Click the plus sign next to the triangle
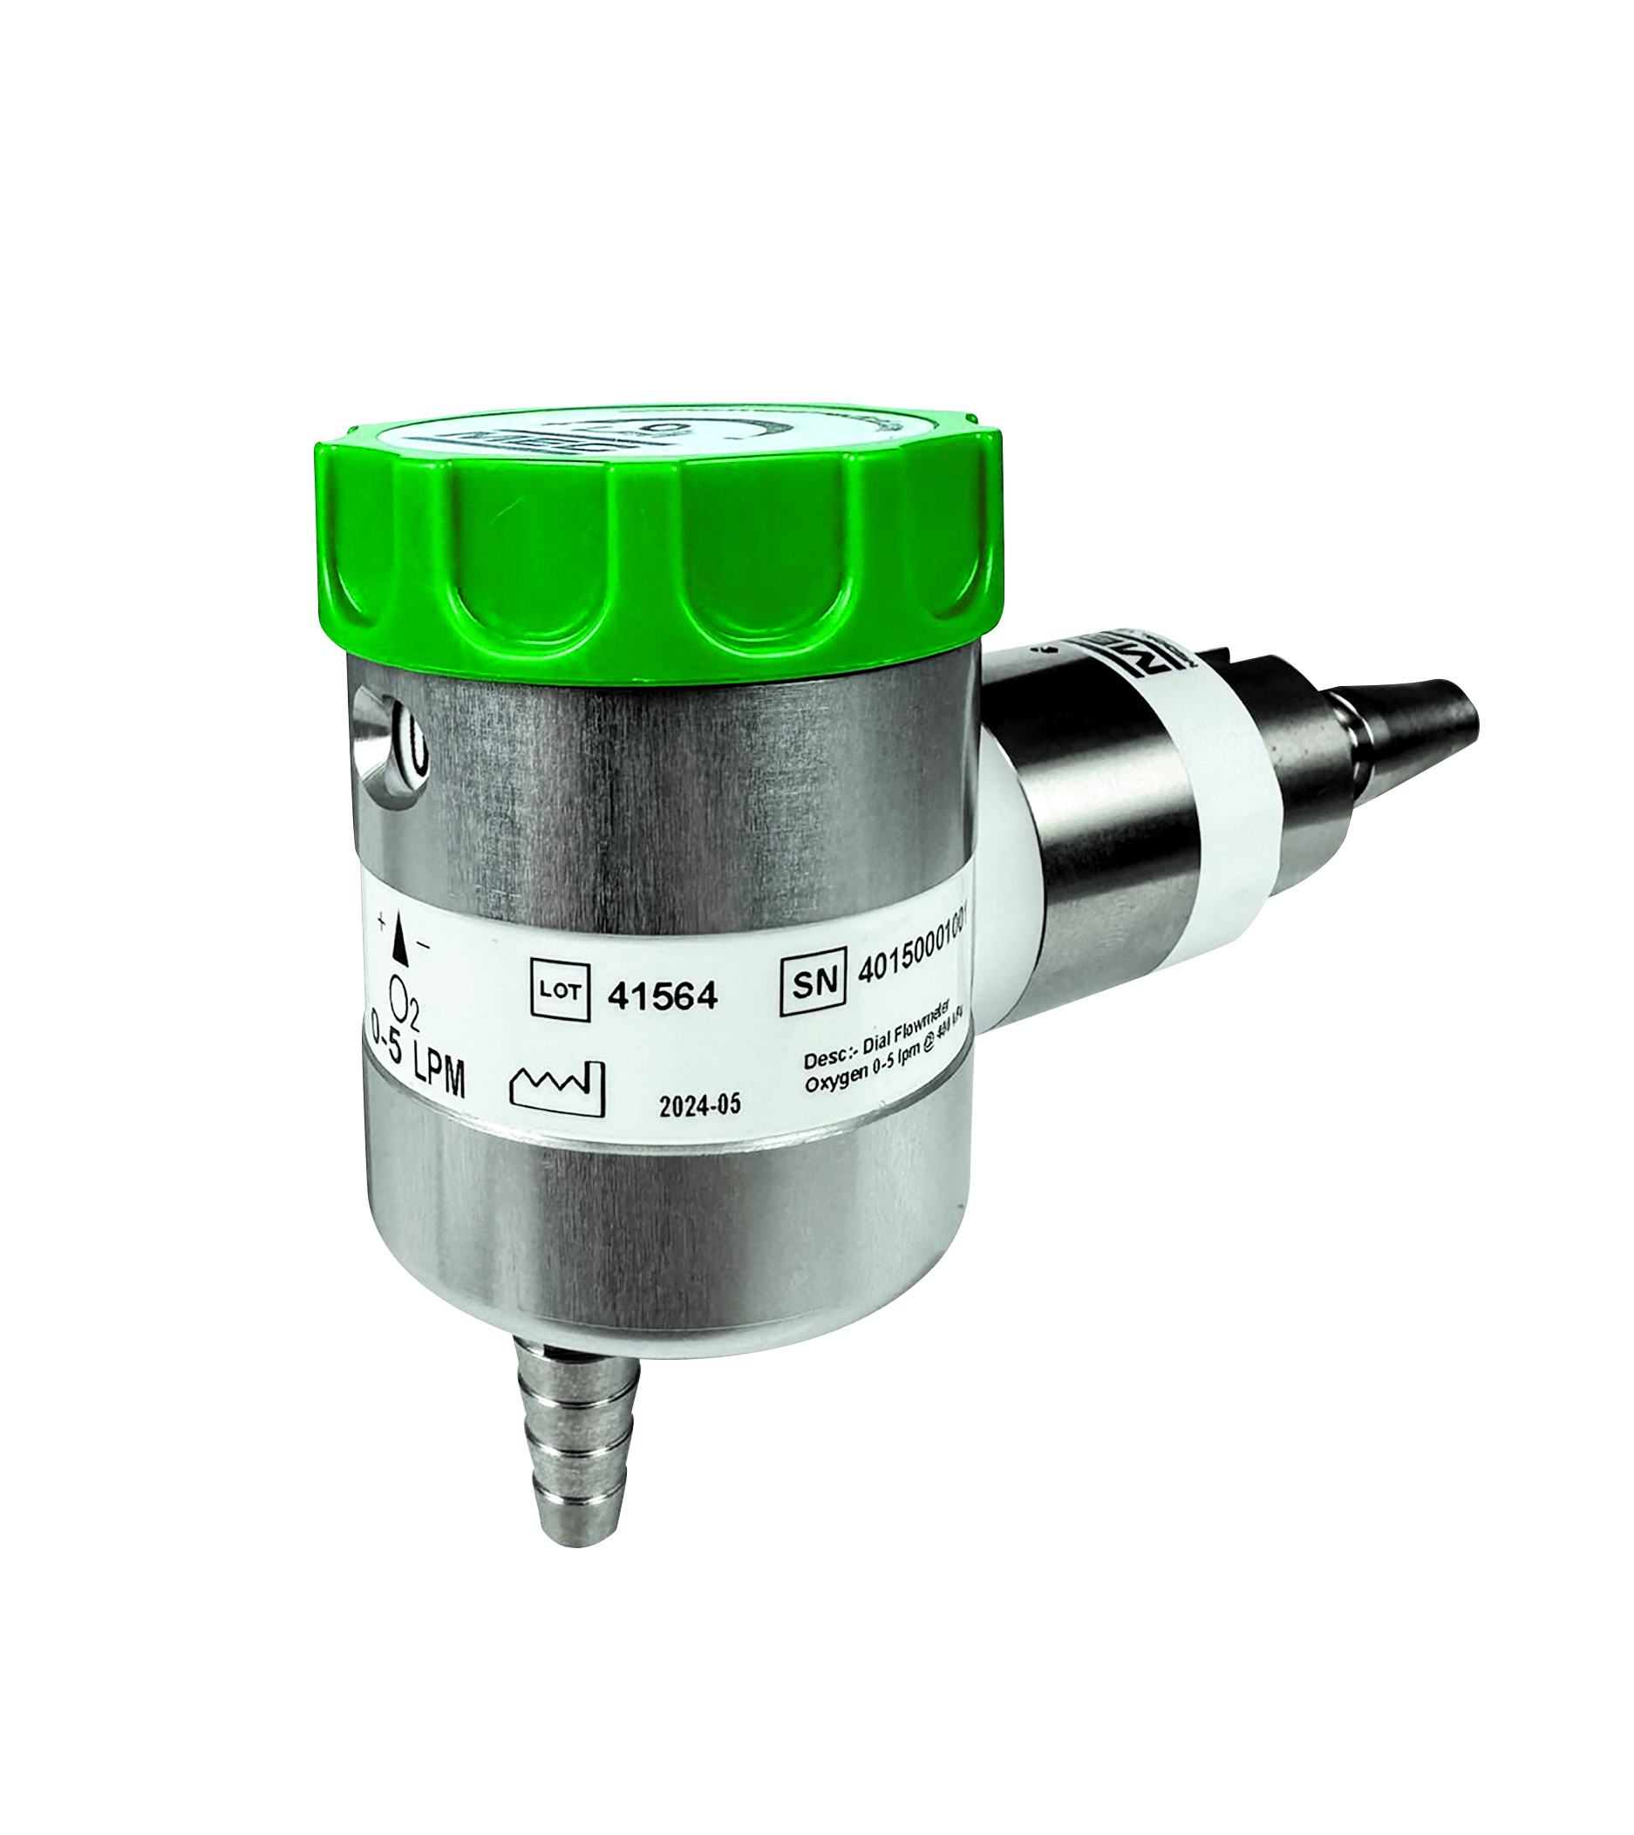[x=383, y=919]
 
